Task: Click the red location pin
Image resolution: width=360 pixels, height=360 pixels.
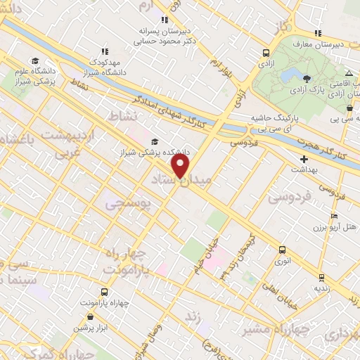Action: [181, 167]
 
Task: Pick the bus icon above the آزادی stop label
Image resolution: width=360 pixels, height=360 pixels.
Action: [266, 53]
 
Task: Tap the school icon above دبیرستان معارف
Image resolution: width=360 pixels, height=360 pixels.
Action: [319, 33]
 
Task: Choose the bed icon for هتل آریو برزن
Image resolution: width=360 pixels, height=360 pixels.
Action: [334, 216]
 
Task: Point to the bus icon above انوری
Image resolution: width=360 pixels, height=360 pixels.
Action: [282, 250]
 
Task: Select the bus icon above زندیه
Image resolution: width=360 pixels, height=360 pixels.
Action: [322, 278]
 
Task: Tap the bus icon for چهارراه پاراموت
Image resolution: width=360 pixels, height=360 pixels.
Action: [104, 292]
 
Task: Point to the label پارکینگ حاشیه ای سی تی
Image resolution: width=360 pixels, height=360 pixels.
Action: [275, 124]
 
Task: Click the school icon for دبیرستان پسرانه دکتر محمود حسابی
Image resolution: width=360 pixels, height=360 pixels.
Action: [165, 20]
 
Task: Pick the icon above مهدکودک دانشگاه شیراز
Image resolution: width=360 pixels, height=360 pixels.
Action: [105, 51]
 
